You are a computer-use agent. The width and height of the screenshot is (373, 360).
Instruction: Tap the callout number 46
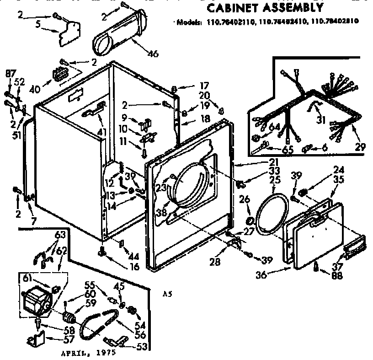pos(153,54)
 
